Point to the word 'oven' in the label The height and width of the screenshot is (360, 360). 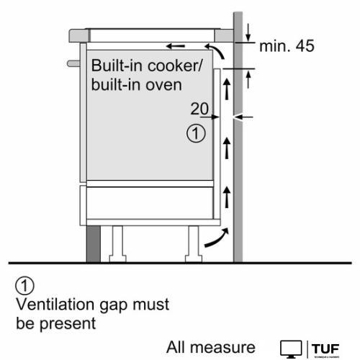(x=166, y=84)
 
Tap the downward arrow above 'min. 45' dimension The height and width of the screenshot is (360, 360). (x=248, y=31)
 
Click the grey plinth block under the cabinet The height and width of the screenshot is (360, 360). (x=94, y=246)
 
